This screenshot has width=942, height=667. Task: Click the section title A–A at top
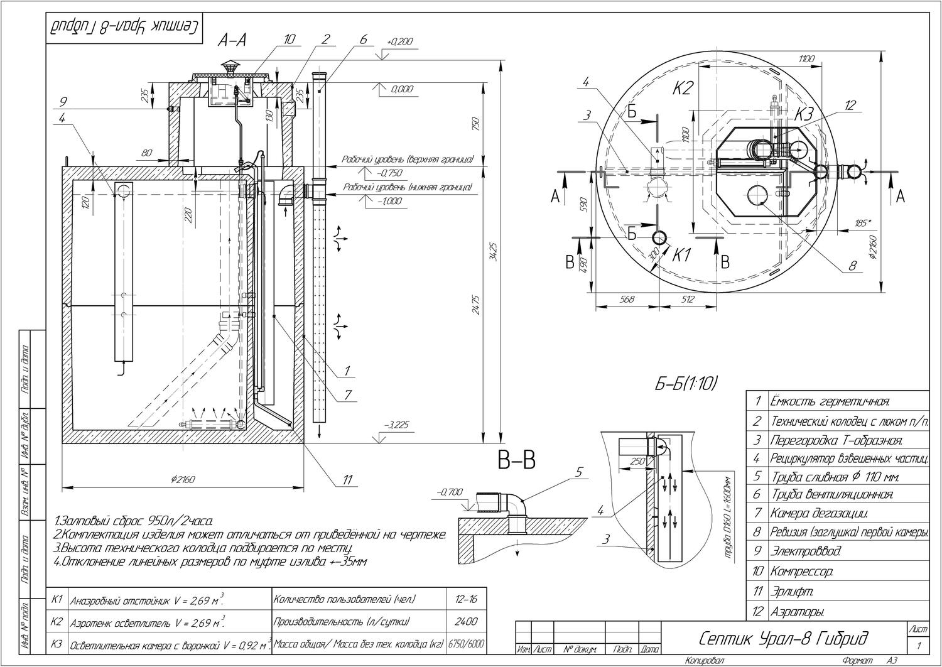232,40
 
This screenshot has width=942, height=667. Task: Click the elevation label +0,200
400,41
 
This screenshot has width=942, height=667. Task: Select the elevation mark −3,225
397,425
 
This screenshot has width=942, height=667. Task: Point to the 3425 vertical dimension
493,251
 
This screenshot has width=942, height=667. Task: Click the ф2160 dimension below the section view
183,479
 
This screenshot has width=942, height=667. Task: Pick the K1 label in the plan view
682,256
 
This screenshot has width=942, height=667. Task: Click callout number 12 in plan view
850,106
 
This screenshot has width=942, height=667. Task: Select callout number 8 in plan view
852,266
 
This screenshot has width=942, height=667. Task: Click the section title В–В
517,462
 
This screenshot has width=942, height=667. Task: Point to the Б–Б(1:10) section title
686,384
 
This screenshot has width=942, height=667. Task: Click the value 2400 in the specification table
465,621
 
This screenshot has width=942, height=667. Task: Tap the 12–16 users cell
465,599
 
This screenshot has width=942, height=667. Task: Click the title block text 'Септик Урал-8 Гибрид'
783,639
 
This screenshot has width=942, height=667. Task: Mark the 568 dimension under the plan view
626,300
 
